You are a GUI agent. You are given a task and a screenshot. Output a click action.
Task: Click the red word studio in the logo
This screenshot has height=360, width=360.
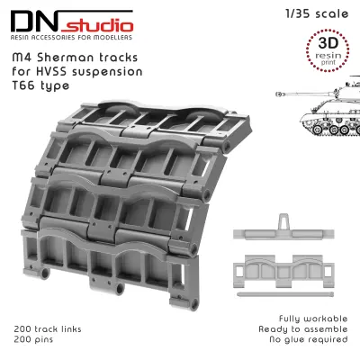(97, 25)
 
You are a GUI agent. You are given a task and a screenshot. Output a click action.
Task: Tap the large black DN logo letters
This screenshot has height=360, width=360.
(33, 22)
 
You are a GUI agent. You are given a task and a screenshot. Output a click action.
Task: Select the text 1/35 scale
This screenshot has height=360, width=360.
(317, 13)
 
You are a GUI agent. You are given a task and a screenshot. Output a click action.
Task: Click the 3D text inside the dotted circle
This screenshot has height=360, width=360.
(328, 43)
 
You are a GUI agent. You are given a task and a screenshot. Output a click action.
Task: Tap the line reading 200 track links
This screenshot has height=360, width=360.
(48, 328)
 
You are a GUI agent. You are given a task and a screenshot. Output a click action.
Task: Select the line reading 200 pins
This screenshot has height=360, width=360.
(33, 339)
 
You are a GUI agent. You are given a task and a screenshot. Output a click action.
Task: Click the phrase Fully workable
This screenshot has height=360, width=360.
(313, 319)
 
